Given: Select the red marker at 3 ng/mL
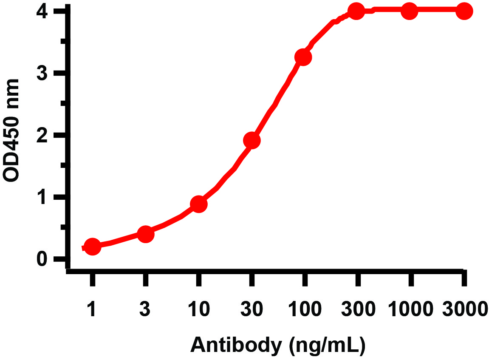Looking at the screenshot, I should pyautogui.click(x=145, y=234).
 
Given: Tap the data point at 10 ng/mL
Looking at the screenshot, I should pyautogui.click(x=198, y=204).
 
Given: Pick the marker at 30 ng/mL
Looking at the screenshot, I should pyautogui.click(x=252, y=140).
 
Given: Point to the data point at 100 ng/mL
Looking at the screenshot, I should pyautogui.click(x=303, y=57).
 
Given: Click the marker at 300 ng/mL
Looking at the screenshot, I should pyautogui.click(x=356, y=11).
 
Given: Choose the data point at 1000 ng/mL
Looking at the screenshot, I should pyautogui.click(x=410, y=11).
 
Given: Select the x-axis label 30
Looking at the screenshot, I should pyautogui.click(x=252, y=309).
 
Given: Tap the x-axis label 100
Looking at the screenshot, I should pyautogui.click(x=304, y=309).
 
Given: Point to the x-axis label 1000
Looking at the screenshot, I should pyautogui.click(x=410, y=309).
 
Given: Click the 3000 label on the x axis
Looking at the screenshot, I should pyautogui.click(x=464, y=309).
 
